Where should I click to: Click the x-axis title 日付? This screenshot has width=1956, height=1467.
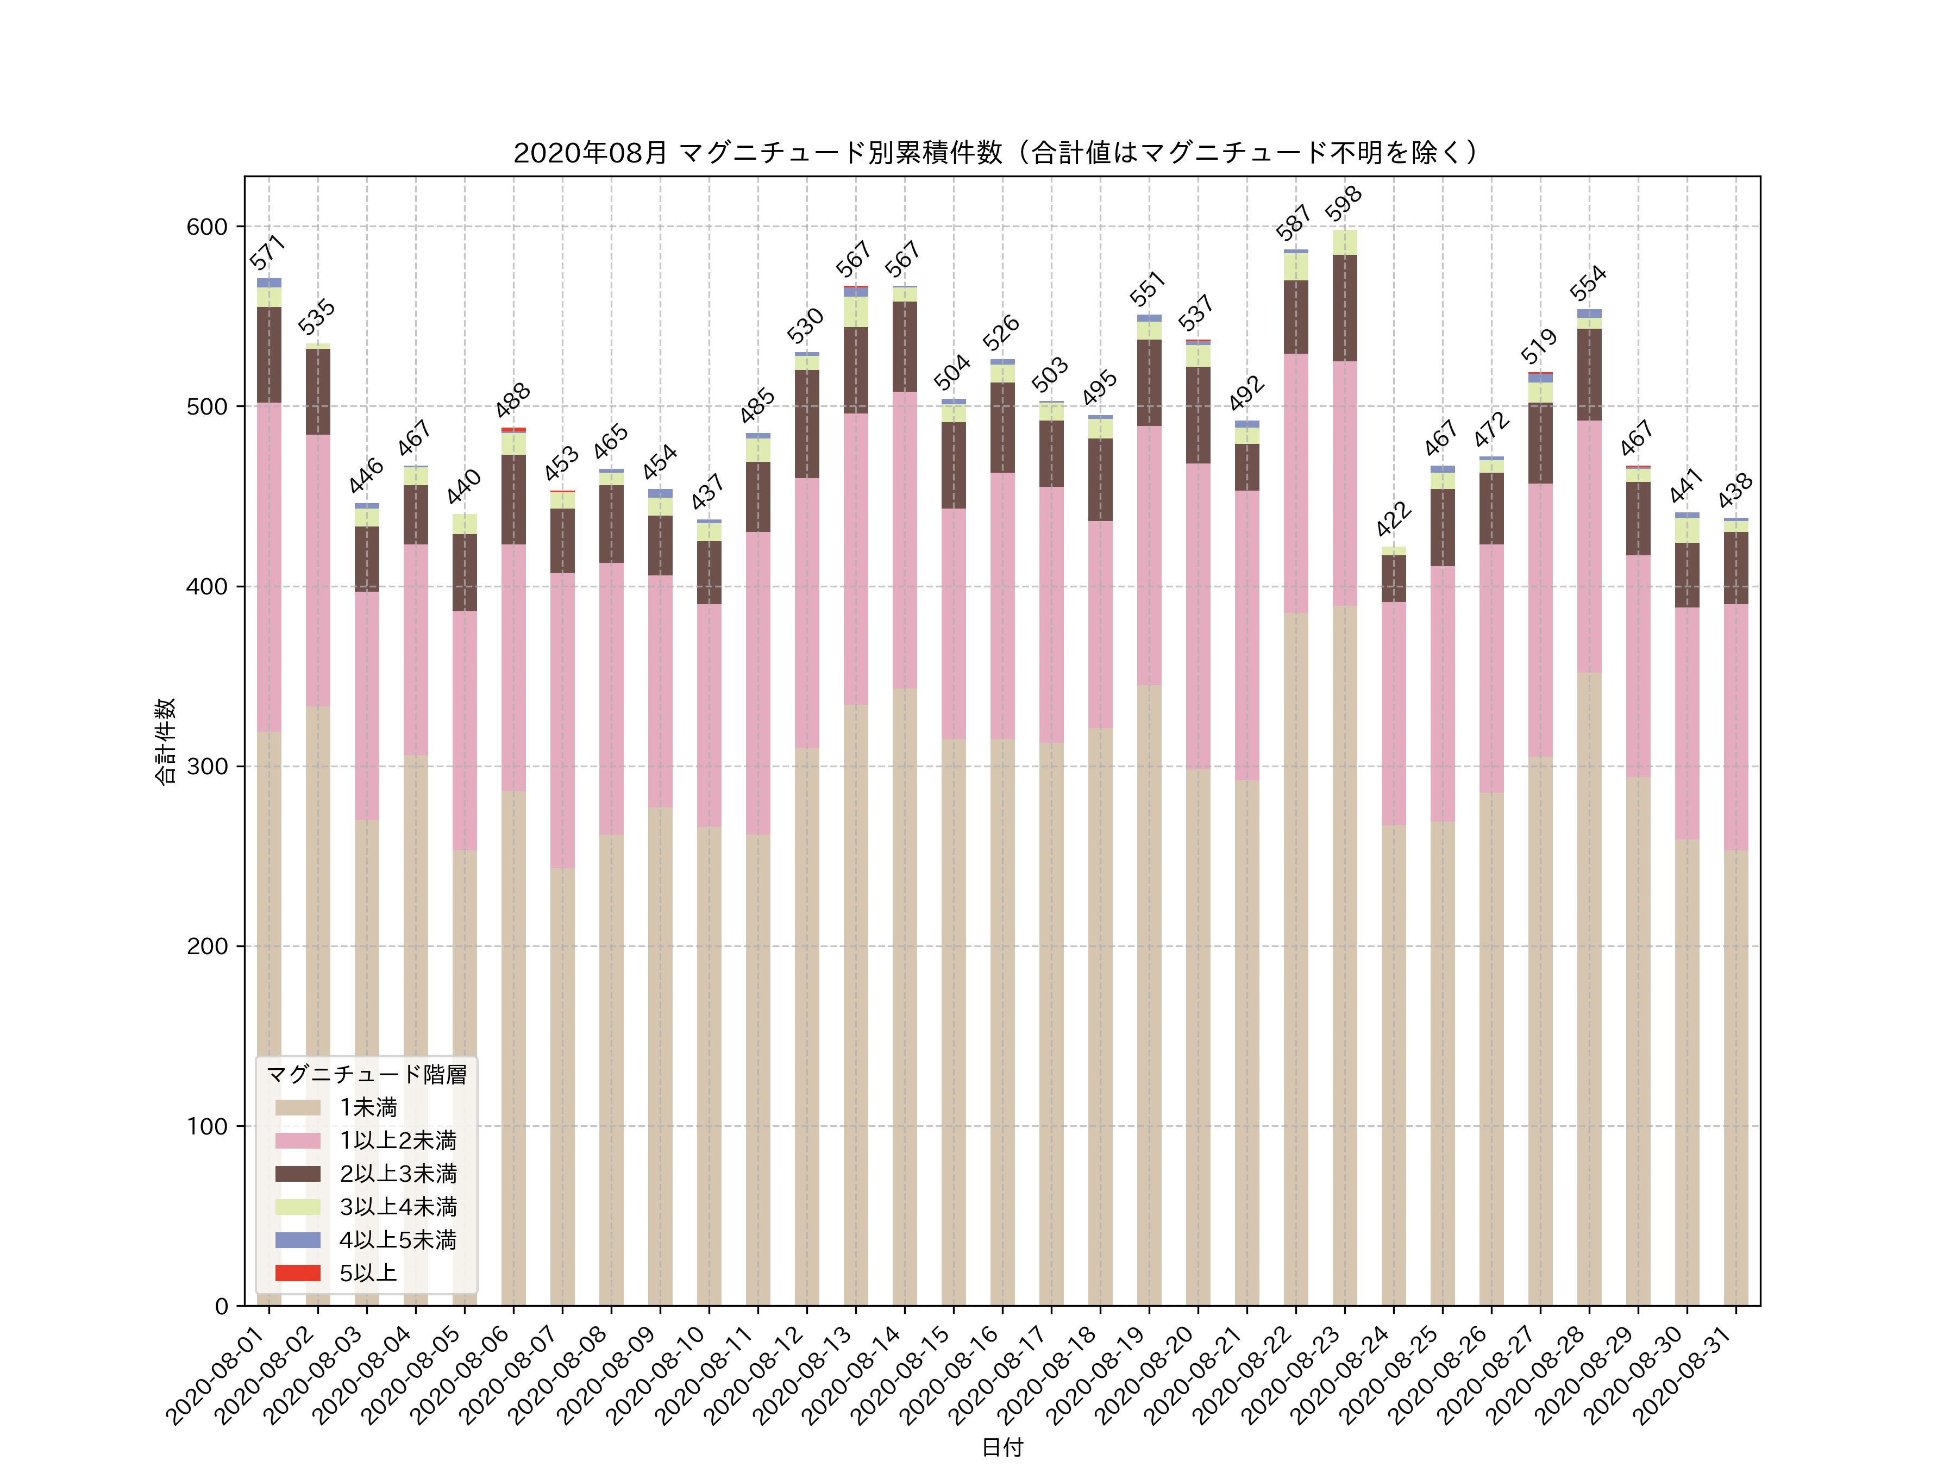[x=1002, y=1447]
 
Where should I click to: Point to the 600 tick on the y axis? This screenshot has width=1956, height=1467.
[x=207, y=227]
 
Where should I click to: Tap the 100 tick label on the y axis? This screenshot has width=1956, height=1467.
[x=207, y=1126]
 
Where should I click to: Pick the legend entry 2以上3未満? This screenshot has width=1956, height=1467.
[x=398, y=1174]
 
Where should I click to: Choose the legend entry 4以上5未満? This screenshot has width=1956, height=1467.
[x=398, y=1240]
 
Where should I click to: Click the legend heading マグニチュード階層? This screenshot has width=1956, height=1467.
[x=366, y=1074]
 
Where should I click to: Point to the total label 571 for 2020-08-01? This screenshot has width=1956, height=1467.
[x=267, y=252]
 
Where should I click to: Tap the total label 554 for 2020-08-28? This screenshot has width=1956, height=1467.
[x=1588, y=284]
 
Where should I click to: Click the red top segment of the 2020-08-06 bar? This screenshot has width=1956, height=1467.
[x=514, y=430]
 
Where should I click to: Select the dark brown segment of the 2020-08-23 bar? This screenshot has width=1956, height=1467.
[x=1344, y=308]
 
